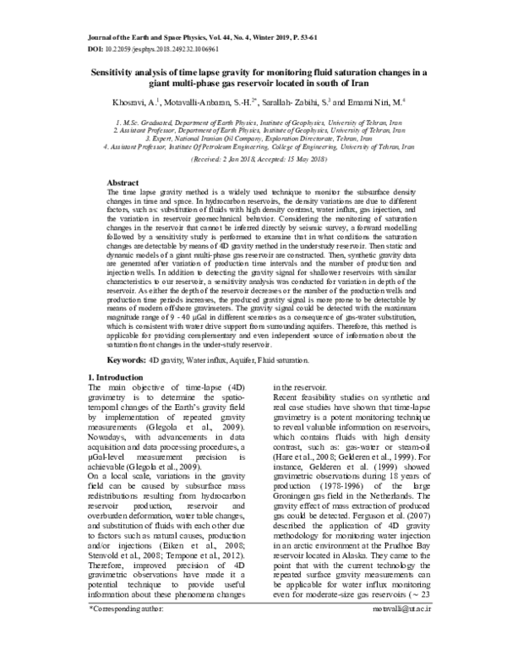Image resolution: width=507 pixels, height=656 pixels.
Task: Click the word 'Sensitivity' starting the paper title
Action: click(x=116, y=73)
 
